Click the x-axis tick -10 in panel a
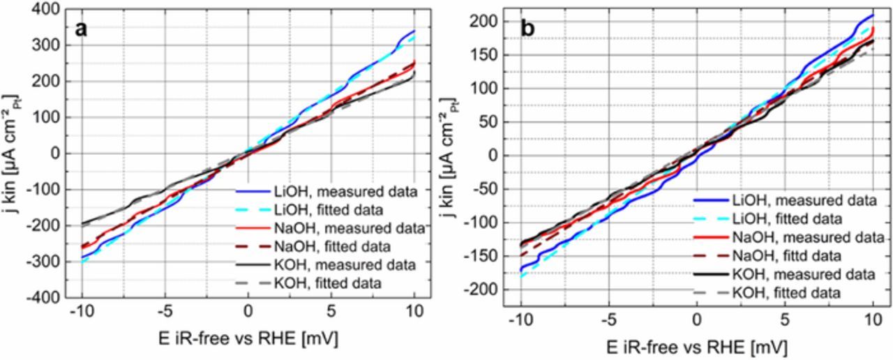coord(81,312)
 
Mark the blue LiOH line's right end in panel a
coord(414,31)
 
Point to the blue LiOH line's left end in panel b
coord(520,269)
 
